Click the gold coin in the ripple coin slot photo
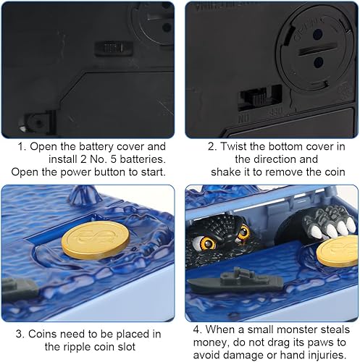coord(96,240)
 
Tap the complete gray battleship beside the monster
coord(235,281)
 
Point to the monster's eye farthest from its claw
coord(207,243)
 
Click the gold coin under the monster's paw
coord(338,251)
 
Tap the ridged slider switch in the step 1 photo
coord(114,49)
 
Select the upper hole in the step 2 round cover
coord(318,34)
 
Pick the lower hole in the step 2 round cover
coord(319,62)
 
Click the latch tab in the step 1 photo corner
coord(37,122)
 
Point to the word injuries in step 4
coord(325,355)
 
